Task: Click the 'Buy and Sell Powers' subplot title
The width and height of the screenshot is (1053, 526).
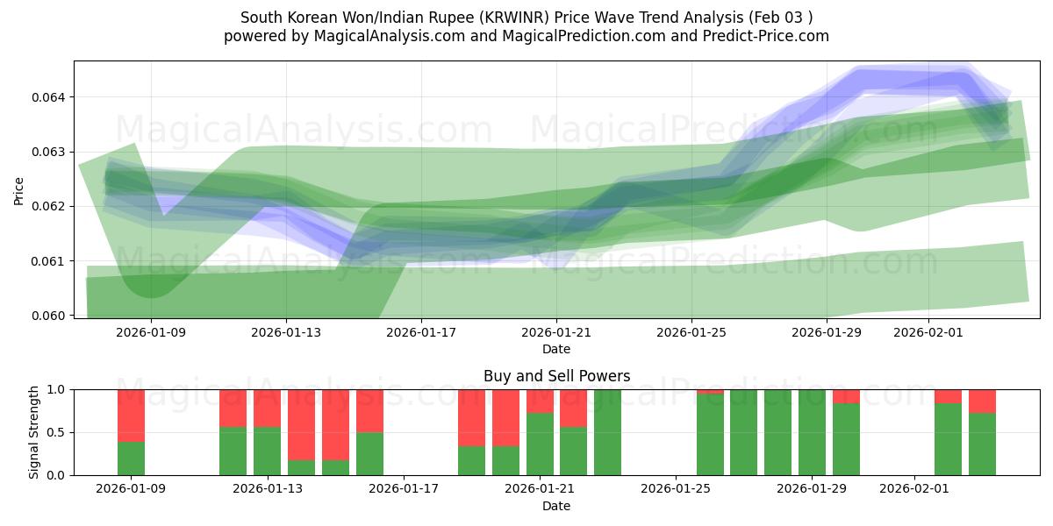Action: click(x=556, y=376)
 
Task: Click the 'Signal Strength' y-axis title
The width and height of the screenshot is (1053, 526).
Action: click(x=34, y=432)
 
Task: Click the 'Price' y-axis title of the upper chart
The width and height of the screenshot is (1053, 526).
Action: click(x=19, y=190)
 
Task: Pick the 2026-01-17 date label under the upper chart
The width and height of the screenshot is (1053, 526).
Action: click(x=421, y=332)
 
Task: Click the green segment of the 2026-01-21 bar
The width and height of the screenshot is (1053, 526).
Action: click(x=540, y=444)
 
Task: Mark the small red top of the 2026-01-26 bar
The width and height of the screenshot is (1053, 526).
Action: click(x=710, y=391)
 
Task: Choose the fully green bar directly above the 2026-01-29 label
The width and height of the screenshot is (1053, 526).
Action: click(x=812, y=432)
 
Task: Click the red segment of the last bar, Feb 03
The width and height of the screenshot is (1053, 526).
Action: click(x=982, y=401)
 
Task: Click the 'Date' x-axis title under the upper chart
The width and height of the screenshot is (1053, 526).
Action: click(x=556, y=349)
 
